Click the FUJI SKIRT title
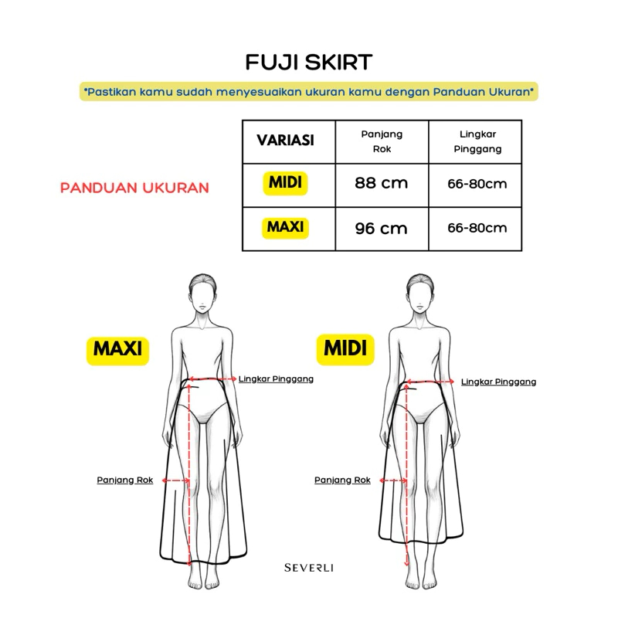[308, 63]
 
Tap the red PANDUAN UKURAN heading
[134, 188]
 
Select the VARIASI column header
[285, 141]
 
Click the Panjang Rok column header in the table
[382, 141]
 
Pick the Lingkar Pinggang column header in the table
[477, 141]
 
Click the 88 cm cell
[381, 183]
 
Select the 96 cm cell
[381, 229]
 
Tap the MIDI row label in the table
[285, 183]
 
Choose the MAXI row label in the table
[285, 228]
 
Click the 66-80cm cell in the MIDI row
[477, 184]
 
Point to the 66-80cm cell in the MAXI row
[477, 228]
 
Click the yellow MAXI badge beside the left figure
[118, 351]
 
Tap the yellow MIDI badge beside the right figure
[345, 349]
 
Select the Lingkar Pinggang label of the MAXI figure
[276, 379]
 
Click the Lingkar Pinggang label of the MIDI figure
[498, 382]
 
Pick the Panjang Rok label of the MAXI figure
[125, 480]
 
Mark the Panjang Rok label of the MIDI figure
[342, 480]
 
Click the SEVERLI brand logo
[309, 568]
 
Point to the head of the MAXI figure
[202, 294]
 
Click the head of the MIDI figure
[420, 294]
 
